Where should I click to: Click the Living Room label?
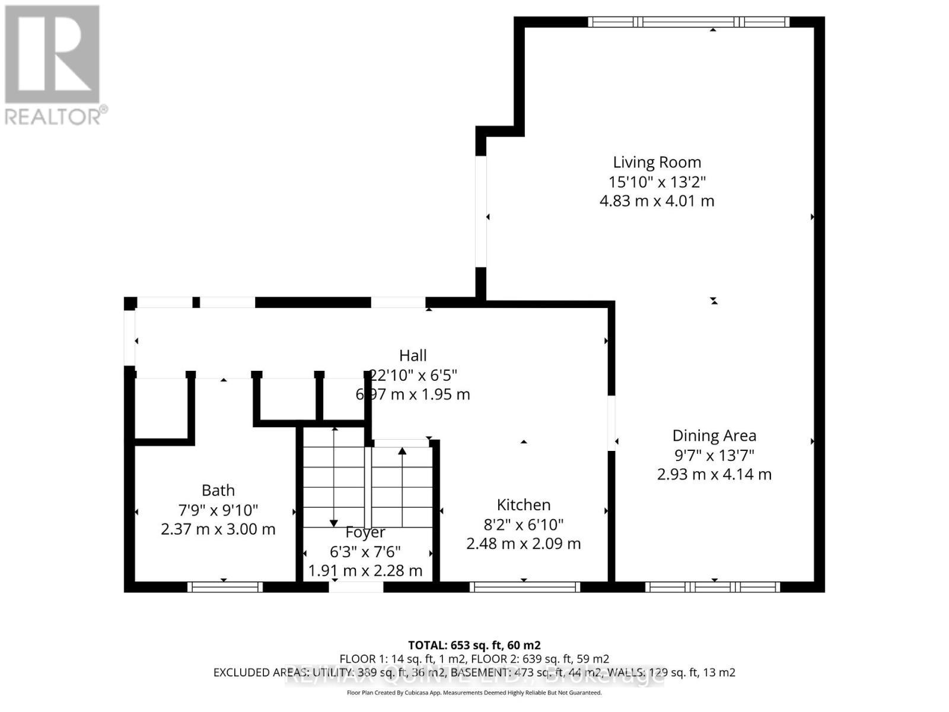click(657, 162)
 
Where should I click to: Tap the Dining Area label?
click(714, 436)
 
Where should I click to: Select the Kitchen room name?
click(524, 505)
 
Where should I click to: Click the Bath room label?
click(218, 491)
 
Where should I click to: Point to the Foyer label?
click(365, 532)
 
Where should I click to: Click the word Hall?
click(413, 355)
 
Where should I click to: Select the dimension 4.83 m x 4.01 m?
click(657, 201)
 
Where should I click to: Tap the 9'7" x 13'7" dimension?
click(714, 455)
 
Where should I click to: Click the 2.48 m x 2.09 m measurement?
click(524, 543)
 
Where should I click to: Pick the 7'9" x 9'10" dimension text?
click(218, 510)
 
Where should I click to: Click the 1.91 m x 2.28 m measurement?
click(365, 571)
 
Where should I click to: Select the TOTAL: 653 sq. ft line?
click(474, 645)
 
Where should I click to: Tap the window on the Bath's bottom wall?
click(225, 587)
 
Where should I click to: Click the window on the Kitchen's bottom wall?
click(525, 587)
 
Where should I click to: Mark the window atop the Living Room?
click(689, 22)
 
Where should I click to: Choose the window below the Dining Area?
click(712, 587)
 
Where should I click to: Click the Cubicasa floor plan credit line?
click(474, 692)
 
